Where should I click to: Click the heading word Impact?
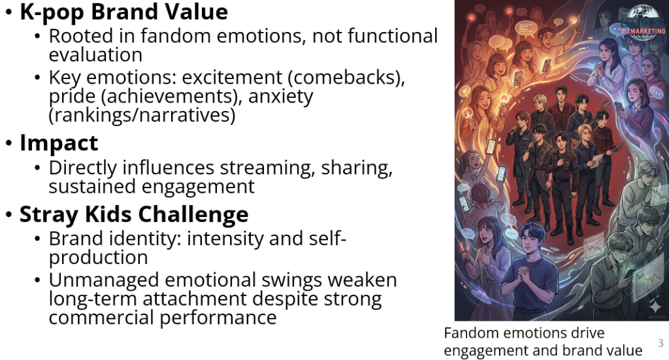[x=59, y=143]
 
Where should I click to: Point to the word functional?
[x=393, y=36]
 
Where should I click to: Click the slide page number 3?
[x=661, y=343]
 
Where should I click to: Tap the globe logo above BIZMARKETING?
[x=643, y=16]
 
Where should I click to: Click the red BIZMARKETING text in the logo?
[x=643, y=31]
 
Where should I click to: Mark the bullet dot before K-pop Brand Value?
[x=9, y=12]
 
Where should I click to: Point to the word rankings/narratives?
[x=142, y=115]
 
